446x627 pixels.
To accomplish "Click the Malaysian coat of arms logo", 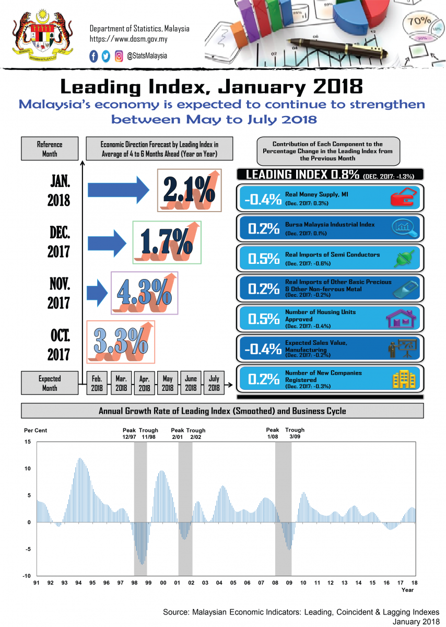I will (36, 37).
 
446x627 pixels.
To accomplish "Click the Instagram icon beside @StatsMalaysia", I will (119, 56).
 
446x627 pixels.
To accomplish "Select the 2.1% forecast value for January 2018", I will (189, 191).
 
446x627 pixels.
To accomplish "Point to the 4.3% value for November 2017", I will (145, 293).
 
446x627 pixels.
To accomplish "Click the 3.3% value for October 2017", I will (120, 342).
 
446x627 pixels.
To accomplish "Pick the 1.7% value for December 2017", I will (167, 242).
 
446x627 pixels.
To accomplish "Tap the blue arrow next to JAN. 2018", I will (120, 190).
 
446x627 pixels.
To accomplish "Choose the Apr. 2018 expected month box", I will (144, 383).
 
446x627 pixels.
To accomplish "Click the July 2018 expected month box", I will (214, 383).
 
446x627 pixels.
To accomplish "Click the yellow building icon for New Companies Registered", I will (403, 378).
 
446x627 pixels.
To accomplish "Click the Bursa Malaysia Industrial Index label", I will (330, 225).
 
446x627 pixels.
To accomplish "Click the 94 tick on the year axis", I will (78, 583).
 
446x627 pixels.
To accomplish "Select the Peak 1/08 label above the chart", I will (273, 433).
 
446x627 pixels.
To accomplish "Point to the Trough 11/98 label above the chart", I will (149, 433).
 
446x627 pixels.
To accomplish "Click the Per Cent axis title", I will (36, 431).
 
